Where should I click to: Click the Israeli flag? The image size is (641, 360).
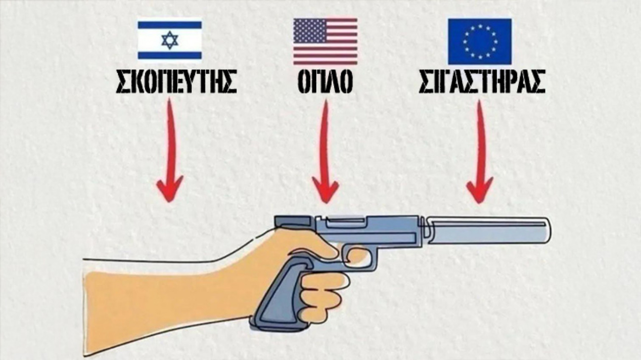[170, 40]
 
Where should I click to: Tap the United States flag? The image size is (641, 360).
[325, 42]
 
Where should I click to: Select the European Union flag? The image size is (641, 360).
[479, 42]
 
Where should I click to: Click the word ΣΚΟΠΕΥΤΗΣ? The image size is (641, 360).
[176, 83]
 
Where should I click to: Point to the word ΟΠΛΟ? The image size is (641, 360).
[325, 83]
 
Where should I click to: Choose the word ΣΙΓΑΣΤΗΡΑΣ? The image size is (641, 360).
[482, 83]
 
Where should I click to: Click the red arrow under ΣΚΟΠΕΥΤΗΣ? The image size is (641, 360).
[170, 148]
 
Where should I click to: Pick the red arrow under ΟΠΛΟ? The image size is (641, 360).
[325, 148]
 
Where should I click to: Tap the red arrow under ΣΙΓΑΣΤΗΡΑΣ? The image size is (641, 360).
[479, 148]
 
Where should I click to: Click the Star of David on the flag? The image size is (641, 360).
[170, 40]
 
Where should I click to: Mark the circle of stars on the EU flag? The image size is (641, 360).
[479, 42]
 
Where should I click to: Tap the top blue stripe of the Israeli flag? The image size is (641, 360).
[170, 25]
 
